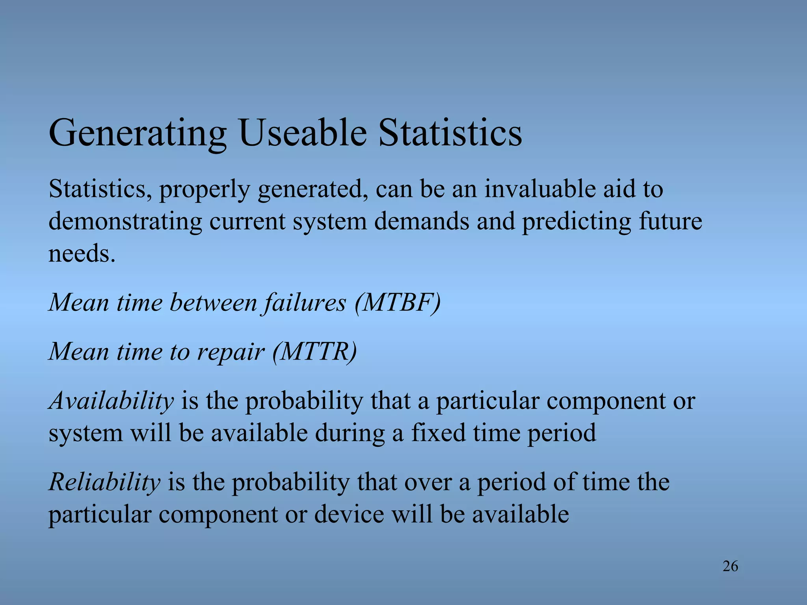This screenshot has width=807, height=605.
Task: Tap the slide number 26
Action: tap(730, 566)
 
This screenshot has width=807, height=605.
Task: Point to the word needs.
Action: tap(82, 253)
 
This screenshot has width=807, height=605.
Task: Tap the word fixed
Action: tap(438, 433)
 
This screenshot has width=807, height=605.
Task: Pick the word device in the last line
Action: tap(349, 514)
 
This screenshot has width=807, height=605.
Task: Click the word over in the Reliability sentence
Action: tap(428, 482)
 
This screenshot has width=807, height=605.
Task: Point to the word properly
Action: tap(204, 189)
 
